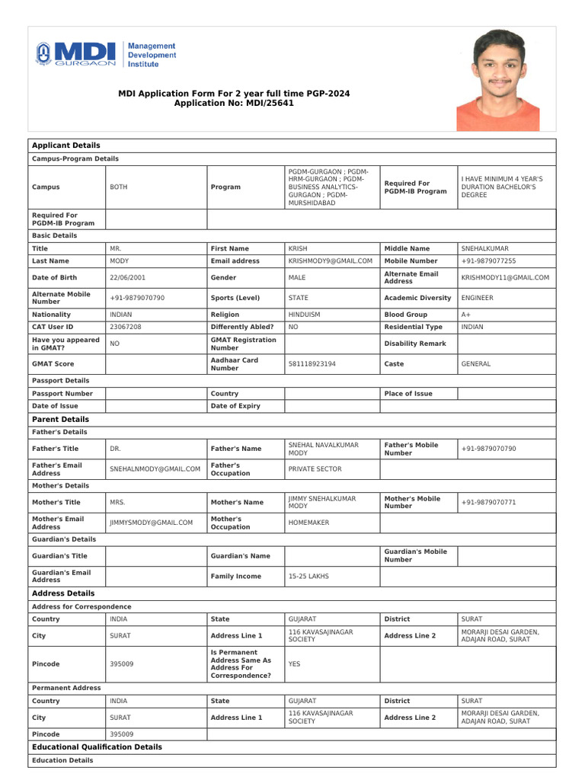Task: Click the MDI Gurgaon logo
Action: pos(106,54)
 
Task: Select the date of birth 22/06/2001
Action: pos(128,277)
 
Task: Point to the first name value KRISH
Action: pos(298,248)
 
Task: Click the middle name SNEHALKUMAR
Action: pos(484,248)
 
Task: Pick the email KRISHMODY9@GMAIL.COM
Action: pos(330,261)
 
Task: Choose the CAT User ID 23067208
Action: pos(126,326)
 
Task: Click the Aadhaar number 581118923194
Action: pos(312,364)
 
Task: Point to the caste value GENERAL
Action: pos(476,364)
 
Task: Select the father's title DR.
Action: pos(116,449)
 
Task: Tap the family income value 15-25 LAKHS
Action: pos(308,577)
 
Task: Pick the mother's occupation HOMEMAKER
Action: pos(309,523)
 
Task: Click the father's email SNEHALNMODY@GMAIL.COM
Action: pos(155,469)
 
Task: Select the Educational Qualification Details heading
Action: pos(97,747)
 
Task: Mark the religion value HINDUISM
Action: pos(304,314)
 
